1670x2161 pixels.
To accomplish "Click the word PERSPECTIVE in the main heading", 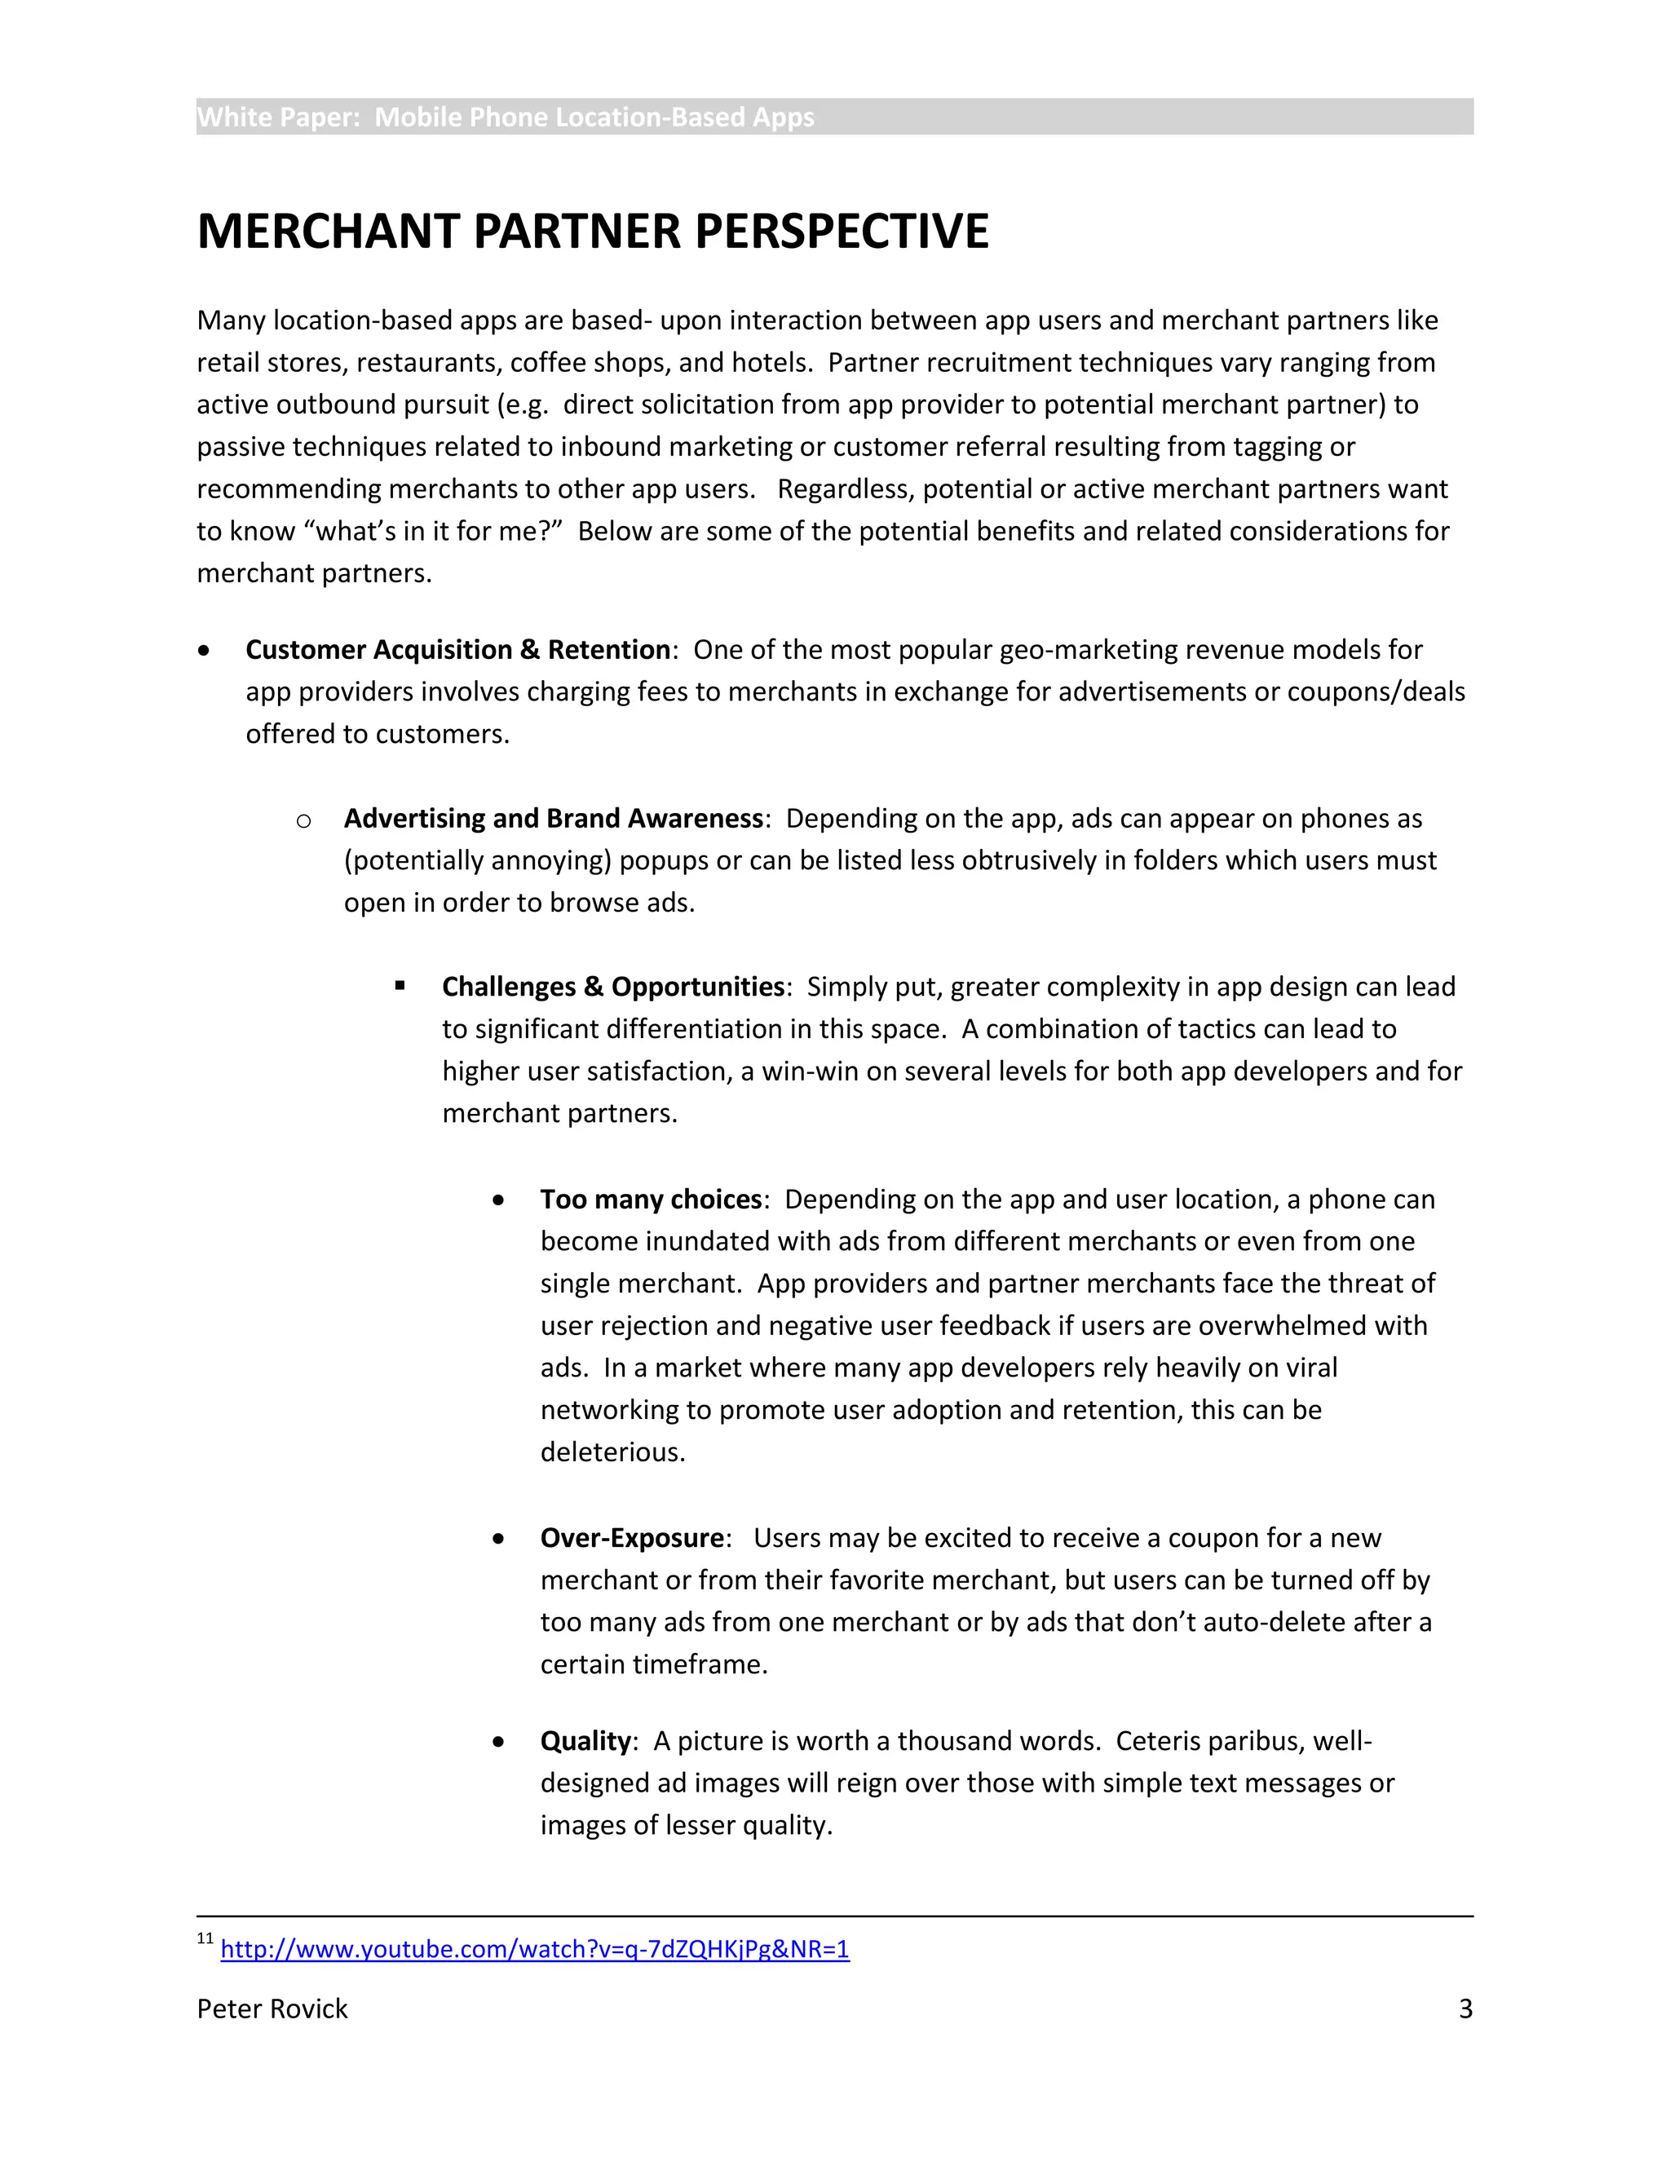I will point(841,232).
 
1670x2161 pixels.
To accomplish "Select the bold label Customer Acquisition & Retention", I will point(457,650).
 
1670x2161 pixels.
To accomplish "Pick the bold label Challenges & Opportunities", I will point(612,988).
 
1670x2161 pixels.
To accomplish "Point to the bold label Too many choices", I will point(650,1200).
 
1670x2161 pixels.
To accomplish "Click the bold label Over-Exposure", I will point(631,1539).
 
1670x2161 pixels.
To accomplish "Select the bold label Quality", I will point(585,1742).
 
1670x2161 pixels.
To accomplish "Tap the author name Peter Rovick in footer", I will point(272,2009).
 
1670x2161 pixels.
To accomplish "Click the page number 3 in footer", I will point(1465,2009).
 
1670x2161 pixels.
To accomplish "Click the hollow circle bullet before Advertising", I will point(303,821).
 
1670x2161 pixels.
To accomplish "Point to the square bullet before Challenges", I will point(400,986).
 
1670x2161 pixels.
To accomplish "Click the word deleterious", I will point(612,1452).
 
